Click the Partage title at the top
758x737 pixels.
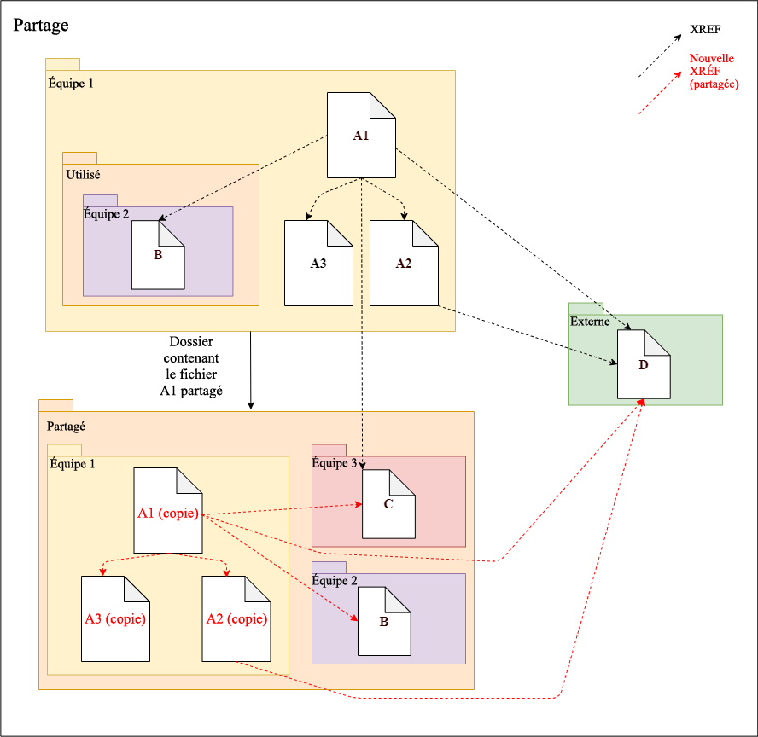pyautogui.click(x=41, y=26)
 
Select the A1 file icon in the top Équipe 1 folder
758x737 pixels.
pyautogui.click(x=361, y=135)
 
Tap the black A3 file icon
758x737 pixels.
pyautogui.click(x=318, y=263)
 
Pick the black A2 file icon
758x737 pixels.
pyautogui.click(x=404, y=263)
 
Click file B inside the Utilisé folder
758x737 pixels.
pyautogui.click(x=158, y=254)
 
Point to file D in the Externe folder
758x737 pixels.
pyautogui.click(x=644, y=364)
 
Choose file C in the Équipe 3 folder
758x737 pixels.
pyautogui.click(x=388, y=503)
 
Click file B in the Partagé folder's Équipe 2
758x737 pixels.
pyautogui.click(x=384, y=621)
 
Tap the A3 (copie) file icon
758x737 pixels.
pyautogui.click(x=114, y=618)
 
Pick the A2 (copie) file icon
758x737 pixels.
pyautogui.click(x=236, y=618)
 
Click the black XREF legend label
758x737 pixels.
pyautogui.click(x=705, y=30)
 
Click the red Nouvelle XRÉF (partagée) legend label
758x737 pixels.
pyautogui.click(x=714, y=72)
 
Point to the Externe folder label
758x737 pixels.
pyautogui.click(x=590, y=322)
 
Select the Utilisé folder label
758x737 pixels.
pyautogui.click(x=83, y=174)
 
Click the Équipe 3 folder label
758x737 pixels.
pyautogui.click(x=335, y=463)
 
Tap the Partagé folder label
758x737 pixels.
pyautogui.click(x=64, y=425)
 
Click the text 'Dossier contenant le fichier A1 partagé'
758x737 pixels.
pyautogui.click(x=192, y=365)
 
